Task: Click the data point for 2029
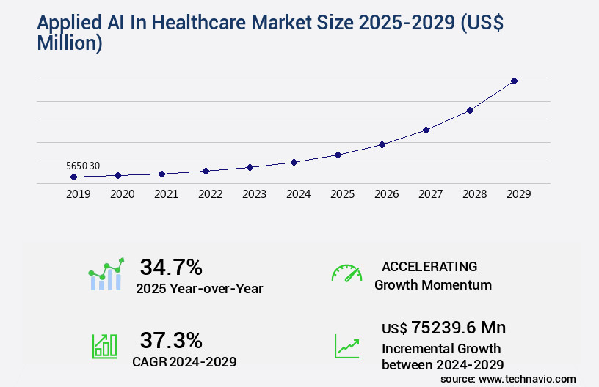point(514,81)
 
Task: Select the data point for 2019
point(73,177)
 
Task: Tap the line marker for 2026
point(382,144)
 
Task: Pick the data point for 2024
point(294,162)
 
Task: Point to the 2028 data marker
point(470,110)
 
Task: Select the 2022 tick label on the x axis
point(210,194)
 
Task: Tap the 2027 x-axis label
point(430,194)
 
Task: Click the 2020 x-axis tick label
point(122,194)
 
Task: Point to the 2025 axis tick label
point(342,194)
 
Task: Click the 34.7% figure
point(171,267)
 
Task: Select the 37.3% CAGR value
point(171,340)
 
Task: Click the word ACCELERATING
point(429,266)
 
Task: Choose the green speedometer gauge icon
point(346,273)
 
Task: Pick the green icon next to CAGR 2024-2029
point(104,346)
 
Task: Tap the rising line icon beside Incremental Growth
point(346,346)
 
